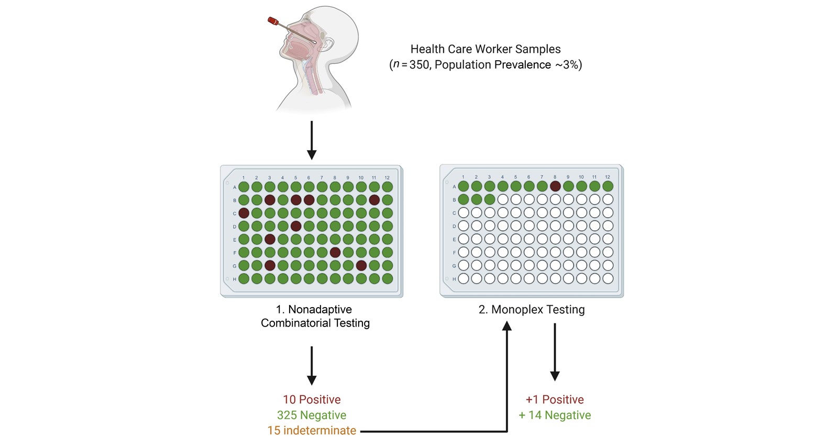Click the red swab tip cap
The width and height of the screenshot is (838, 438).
[273, 21]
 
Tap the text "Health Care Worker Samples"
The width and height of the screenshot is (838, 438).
[485, 49]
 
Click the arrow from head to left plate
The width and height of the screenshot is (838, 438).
[312, 140]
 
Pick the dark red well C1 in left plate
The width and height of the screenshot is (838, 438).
[244, 213]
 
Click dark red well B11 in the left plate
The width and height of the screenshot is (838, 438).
[374, 200]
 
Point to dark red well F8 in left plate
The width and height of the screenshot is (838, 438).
[335, 252]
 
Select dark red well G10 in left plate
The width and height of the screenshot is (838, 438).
[361, 266]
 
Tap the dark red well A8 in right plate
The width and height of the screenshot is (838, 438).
[555, 186]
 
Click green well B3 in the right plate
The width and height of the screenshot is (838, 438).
[489, 199]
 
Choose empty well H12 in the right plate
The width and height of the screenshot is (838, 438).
[608, 278]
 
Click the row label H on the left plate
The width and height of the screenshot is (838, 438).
[235, 279]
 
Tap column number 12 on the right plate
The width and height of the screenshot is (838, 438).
[608, 177]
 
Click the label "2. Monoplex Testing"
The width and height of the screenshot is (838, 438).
[532, 309]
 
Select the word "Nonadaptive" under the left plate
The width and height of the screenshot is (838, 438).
[320, 309]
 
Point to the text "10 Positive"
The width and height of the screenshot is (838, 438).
[312, 399]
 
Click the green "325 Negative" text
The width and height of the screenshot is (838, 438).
[312, 415]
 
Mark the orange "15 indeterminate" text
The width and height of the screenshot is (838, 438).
[312, 431]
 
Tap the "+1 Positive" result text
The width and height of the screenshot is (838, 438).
[555, 399]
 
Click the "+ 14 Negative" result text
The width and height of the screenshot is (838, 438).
[555, 415]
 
